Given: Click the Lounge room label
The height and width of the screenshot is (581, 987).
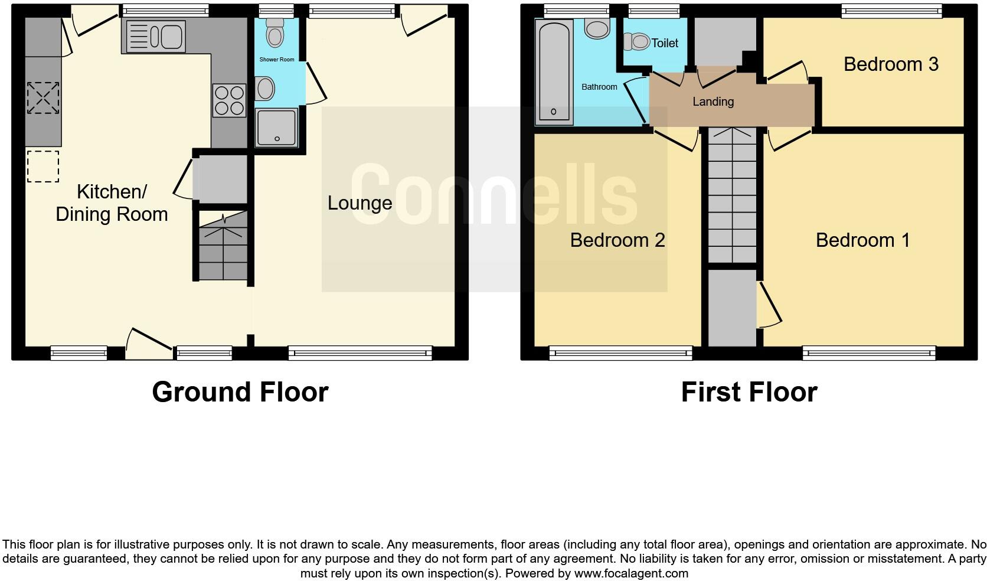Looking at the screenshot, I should coord(359,203).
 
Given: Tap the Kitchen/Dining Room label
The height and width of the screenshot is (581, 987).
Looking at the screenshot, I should coord(112,203).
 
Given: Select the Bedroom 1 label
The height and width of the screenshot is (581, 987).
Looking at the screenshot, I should coord(862,240).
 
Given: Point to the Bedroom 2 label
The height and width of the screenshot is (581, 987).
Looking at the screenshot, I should coord(617,240).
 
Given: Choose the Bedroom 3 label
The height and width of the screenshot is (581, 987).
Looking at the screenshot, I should coord(891,64).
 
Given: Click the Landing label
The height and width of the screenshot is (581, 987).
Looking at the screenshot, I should coord(713,102).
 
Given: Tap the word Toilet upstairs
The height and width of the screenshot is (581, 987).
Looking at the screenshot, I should coord(665,43).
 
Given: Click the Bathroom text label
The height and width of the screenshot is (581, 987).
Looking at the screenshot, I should coord(599,87).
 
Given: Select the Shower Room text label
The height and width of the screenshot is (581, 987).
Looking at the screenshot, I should coord(277,60).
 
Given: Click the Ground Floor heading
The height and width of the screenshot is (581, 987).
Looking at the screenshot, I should coord(240,392).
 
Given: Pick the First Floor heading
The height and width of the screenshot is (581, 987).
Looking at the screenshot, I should coord(749,392).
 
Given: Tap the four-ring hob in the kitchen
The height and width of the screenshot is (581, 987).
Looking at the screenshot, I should coord(229,100).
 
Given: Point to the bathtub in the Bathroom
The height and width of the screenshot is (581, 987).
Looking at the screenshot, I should coord(554,72).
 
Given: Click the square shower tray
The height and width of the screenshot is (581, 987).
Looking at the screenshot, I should coord(276,126).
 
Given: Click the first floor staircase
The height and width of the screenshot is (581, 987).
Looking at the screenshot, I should coord(732,195).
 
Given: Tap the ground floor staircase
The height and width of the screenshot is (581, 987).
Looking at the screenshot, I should coord(223,246).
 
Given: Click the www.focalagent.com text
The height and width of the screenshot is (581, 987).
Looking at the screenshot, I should coord(631,573).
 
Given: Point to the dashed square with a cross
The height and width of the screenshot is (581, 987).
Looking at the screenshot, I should coord(43,98).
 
